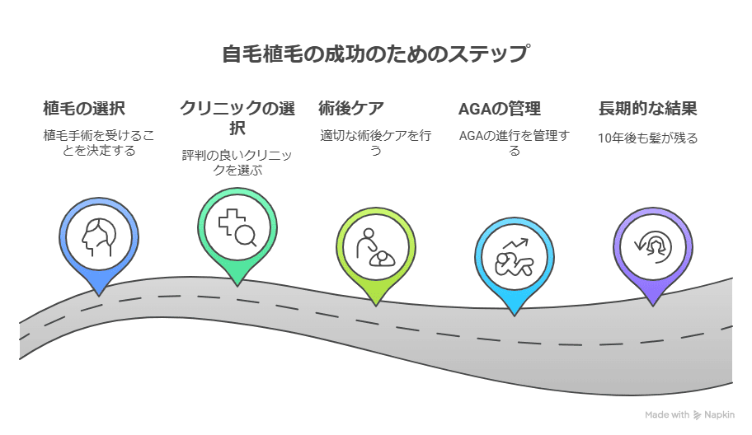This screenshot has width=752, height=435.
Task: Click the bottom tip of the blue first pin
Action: pyautogui.click(x=99, y=296)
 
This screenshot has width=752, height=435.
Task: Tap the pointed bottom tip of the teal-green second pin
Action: pyautogui.click(x=237, y=287)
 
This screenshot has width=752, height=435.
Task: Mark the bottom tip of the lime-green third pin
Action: pyautogui.click(x=376, y=306)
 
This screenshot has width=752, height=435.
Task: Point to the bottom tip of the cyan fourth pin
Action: pyautogui.click(x=515, y=316)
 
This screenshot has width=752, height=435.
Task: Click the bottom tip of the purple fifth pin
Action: pyautogui.click(x=653, y=306)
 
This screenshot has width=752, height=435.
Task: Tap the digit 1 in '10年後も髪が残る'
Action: pyautogui.click(x=600, y=138)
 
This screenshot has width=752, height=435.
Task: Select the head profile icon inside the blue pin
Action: pyautogui.click(x=99, y=237)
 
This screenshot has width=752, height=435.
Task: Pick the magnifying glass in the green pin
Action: pyautogui.click(x=246, y=236)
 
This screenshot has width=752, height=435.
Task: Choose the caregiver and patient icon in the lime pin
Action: pyautogui.click(x=375, y=247)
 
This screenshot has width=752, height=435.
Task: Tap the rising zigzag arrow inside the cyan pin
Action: pyautogui.click(x=515, y=244)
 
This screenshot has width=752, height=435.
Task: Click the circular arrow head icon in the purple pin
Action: pyautogui.click(x=653, y=246)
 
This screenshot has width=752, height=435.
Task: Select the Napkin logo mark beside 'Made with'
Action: pyautogui.click(x=697, y=415)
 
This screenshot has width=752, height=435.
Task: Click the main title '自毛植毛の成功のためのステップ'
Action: pyautogui.click(x=376, y=54)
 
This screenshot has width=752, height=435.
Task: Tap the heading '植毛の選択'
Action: pyautogui.click(x=84, y=108)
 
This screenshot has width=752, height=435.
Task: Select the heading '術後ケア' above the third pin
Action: pyautogui.click(x=351, y=108)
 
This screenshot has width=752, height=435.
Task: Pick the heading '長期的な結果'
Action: pyautogui.click(x=647, y=108)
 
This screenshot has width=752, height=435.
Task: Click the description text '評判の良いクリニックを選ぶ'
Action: pyautogui.click(x=237, y=163)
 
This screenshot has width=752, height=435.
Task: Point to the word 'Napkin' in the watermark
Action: pyautogui.click(x=719, y=415)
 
